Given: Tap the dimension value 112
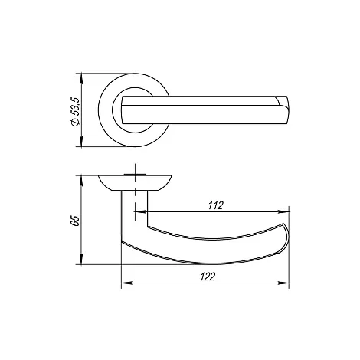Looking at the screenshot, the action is tap(216, 205).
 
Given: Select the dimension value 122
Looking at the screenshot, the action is tap(208, 277).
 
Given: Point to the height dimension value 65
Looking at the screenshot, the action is tap(76, 221).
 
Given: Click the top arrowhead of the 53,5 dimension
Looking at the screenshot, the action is tap(81, 78).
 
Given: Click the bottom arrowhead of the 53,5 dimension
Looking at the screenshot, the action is tap(81, 142).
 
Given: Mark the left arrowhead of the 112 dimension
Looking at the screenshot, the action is tap(140, 211).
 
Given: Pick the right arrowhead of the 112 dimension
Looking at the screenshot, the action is tap(283, 211).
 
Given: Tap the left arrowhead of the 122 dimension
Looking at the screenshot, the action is tap(126, 283).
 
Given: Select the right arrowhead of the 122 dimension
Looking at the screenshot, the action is tap(283, 283).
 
